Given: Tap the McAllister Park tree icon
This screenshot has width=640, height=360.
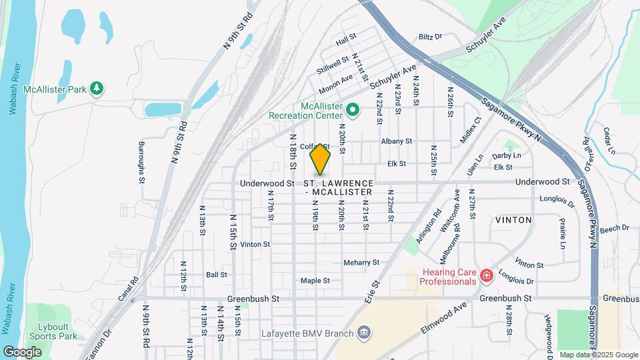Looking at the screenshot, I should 97,89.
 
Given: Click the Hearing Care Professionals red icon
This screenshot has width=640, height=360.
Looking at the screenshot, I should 487,275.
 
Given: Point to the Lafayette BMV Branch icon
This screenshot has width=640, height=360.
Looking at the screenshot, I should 364,331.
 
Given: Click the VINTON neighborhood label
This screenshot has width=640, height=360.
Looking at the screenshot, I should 513,219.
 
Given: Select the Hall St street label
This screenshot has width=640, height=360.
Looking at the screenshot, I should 347,41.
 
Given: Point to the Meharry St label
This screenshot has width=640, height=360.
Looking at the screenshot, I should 361,263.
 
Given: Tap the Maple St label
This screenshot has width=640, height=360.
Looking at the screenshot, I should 315,281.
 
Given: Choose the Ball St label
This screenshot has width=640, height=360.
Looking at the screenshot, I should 217,274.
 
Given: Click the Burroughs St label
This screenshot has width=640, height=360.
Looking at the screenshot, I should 141,161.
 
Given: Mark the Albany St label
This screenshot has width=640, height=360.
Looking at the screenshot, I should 397,141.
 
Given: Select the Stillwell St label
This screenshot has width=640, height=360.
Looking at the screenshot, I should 333,65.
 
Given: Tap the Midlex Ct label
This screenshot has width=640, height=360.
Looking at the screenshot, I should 470,131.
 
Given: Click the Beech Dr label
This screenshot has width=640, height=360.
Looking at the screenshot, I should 614,229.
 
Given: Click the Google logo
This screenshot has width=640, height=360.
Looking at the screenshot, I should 23,351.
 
